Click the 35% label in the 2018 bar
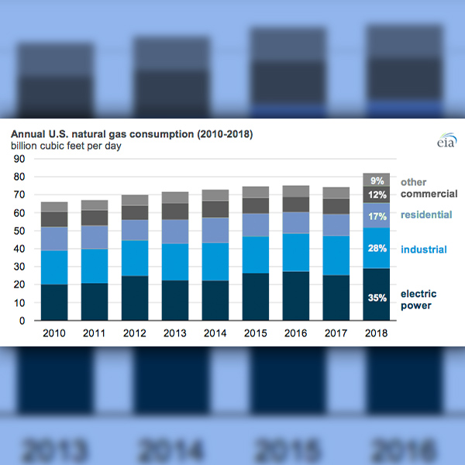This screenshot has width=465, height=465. [377, 295]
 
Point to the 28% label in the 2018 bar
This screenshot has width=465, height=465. [377, 248]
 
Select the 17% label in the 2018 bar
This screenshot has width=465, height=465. [377, 215]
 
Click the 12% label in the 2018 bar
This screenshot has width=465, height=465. [377, 194]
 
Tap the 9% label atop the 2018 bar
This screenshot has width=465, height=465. [377, 180]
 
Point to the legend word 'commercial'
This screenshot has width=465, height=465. [429, 194]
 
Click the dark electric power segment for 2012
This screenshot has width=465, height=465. [135, 298]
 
